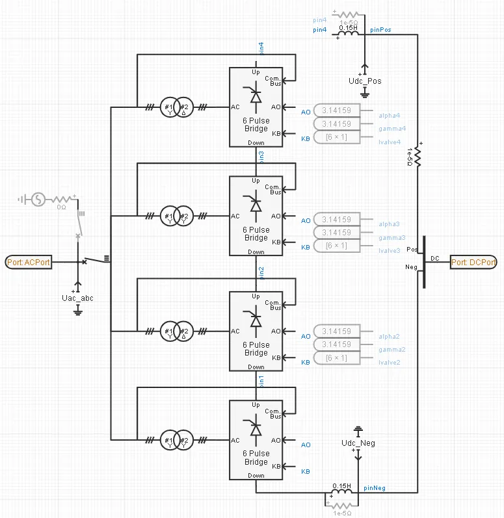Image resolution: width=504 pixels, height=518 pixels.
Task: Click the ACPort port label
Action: [28, 262]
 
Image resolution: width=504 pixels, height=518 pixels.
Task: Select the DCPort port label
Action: [473, 262]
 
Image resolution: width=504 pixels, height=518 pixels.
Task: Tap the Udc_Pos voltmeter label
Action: [365, 81]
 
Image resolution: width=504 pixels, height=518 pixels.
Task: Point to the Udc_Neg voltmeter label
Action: [358, 443]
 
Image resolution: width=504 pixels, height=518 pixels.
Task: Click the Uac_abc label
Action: [77, 298]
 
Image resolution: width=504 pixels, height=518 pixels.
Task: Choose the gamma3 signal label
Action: [393, 238]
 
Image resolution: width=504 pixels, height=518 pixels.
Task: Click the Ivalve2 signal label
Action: [390, 362]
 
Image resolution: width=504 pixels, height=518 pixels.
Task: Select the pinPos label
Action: [380, 30]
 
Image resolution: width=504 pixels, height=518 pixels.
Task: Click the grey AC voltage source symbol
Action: [38, 200]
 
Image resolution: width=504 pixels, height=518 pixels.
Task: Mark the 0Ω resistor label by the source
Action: [62, 207]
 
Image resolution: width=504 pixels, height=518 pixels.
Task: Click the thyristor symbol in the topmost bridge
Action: [256, 96]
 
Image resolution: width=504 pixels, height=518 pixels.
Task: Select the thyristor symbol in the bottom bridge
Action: [256, 430]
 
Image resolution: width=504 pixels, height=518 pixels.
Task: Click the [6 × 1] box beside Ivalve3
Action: [336, 246]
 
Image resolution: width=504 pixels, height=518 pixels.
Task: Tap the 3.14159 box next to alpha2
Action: [336, 331]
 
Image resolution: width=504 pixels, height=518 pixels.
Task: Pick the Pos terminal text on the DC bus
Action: [412, 249]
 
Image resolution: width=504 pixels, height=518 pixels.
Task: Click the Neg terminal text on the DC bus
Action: [411, 266]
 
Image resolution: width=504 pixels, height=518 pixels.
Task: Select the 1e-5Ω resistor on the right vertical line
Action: [418, 156]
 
